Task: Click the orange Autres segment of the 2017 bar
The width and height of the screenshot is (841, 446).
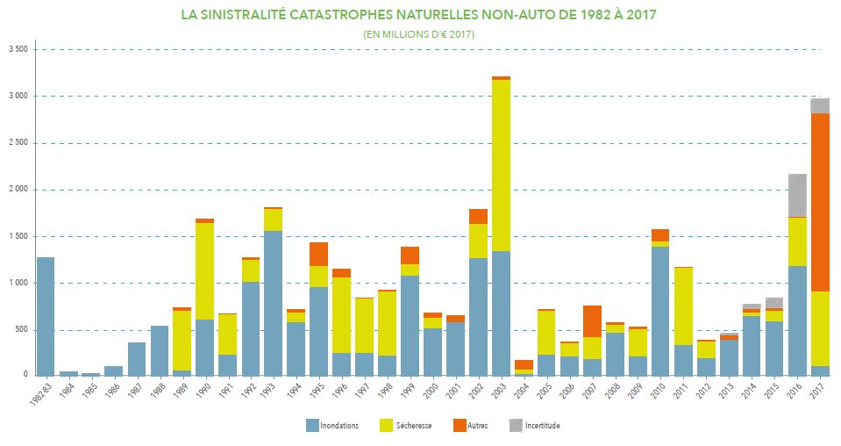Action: (820, 202)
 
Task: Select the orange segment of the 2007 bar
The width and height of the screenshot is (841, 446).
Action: (592, 321)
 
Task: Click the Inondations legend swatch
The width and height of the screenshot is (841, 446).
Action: (312, 426)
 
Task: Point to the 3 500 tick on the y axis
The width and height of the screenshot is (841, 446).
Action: (17, 49)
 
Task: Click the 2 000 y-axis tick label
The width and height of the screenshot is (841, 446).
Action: (17, 190)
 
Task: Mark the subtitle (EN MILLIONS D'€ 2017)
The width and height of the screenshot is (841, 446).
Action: (419, 33)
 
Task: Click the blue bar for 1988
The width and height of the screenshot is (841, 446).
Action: (159, 350)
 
